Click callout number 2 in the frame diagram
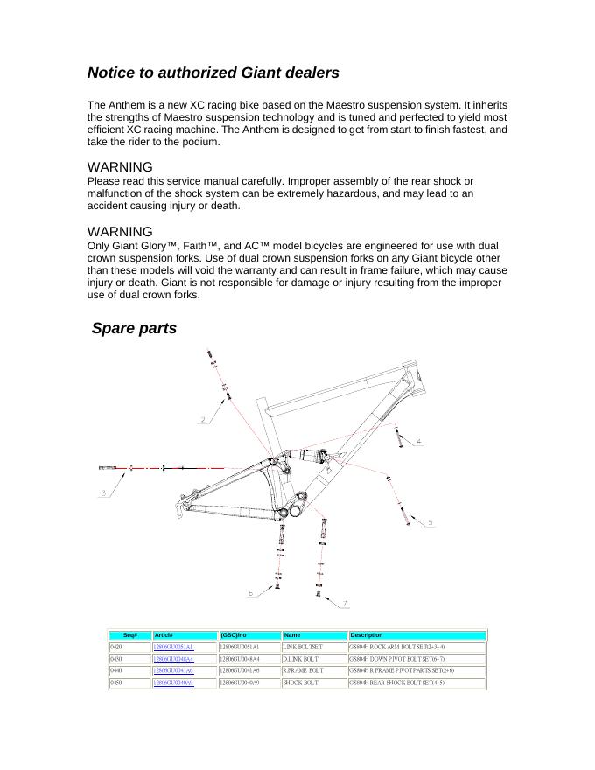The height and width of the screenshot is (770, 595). pos(203,420)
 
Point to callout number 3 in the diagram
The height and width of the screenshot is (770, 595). pos(104,493)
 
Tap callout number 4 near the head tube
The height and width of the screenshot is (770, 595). pos(419,442)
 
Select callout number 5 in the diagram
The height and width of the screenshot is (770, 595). pos(430,522)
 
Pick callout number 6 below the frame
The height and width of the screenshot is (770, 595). pos(250,593)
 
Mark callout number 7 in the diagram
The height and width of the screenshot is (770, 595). pos(345,604)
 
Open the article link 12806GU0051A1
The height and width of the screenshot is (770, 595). pos(172,647)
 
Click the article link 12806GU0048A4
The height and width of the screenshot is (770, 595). pos(172,659)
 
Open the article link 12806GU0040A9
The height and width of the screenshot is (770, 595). pos(172,682)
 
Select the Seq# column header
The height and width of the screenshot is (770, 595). pos(129,635)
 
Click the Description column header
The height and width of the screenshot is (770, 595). pos(367,635)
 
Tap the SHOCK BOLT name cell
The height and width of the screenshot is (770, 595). pos(300,682)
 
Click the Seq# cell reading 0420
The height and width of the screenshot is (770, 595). pos(116,647)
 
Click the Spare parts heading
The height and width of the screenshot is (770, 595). pos(134,329)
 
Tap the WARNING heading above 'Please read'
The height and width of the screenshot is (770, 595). pos(120,167)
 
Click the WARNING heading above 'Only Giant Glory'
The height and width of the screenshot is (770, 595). pos(120,232)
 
